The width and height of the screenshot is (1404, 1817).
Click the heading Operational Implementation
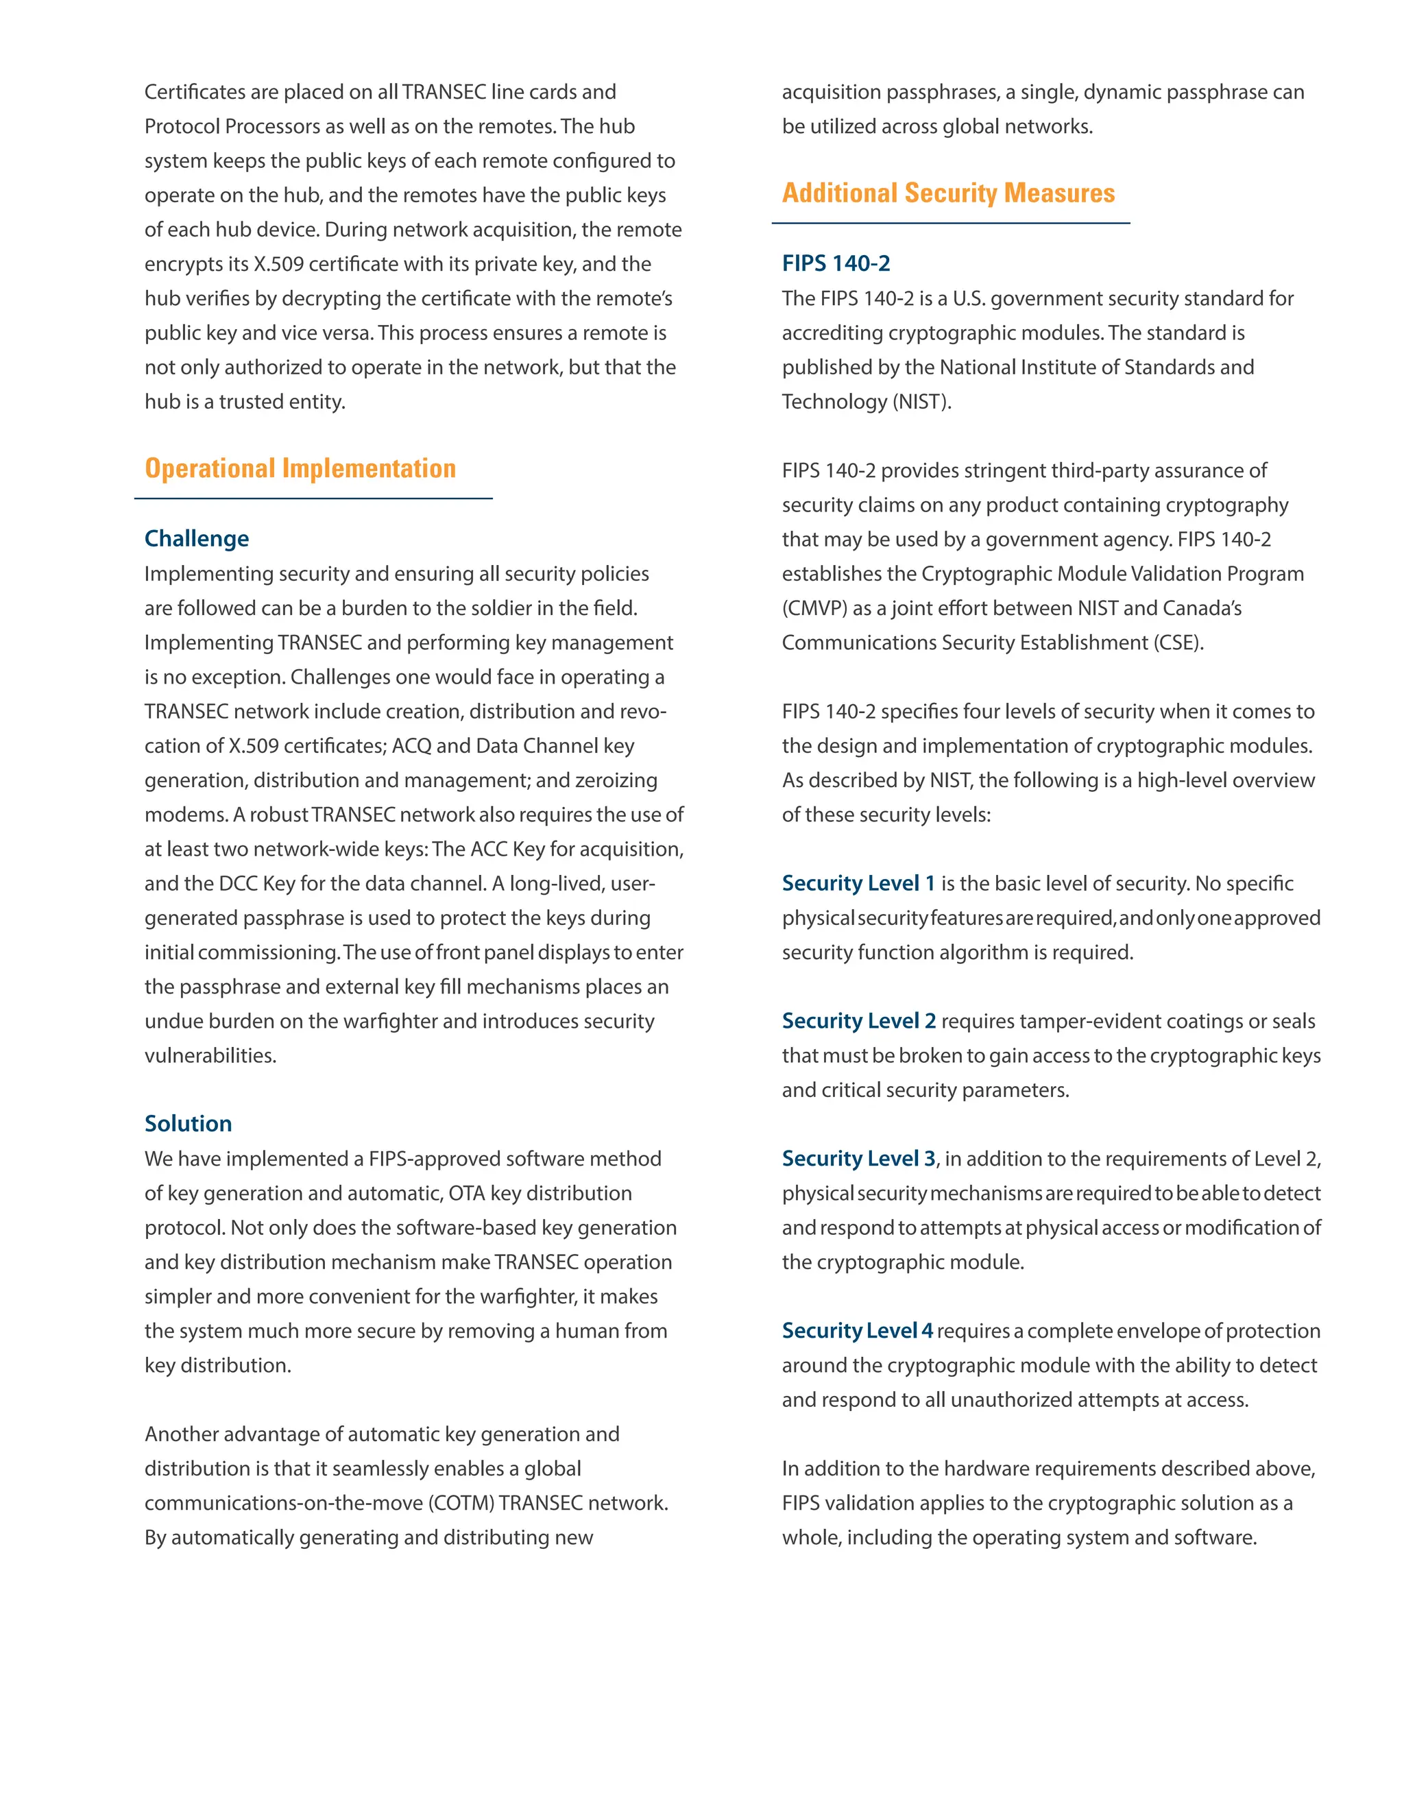coord(300,468)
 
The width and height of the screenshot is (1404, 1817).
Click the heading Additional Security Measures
coord(947,193)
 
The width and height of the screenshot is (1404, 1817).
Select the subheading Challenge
coord(196,538)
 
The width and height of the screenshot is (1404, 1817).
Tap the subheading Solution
coord(188,1123)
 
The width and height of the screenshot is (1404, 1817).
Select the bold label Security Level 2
coord(858,1021)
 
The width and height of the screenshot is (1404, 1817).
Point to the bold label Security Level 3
coord(858,1158)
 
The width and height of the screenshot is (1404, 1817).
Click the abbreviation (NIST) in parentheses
coord(921,402)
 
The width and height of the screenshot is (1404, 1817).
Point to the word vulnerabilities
coord(210,1056)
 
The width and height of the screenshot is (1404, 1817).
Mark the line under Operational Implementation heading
coord(313,498)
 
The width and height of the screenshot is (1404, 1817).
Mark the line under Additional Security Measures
coord(950,223)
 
